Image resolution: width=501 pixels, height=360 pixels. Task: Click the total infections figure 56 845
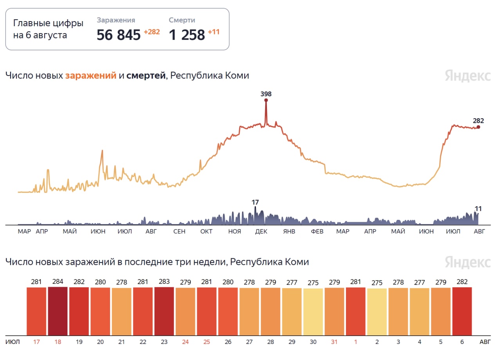click(118, 35)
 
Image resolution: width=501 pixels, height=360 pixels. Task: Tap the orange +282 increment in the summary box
click(151, 32)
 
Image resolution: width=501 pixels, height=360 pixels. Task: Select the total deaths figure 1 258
click(187, 35)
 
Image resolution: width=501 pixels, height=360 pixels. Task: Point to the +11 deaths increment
click(214, 32)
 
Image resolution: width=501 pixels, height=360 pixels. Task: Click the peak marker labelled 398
click(266, 100)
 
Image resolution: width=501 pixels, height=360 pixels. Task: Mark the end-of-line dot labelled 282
click(478, 127)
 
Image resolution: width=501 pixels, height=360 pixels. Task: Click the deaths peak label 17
click(255, 202)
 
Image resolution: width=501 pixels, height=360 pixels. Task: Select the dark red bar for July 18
click(58, 311)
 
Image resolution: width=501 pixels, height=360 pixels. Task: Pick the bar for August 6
click(462, 311)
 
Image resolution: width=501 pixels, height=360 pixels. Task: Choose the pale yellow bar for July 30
click(313, 311)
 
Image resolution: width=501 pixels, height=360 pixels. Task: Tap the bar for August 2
click(377, 311)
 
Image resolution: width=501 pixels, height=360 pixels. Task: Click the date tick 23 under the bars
click(164, 342)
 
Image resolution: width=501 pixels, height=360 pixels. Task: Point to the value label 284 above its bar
click(58, 282)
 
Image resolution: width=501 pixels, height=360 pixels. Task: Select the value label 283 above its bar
click(164, 282)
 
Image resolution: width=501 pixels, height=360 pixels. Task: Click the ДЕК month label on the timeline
click(261, 231)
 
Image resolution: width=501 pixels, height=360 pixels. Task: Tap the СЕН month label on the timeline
click(179, 231)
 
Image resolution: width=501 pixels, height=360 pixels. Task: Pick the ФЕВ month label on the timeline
click(317, 231)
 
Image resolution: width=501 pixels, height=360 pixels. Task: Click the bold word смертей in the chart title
click(146, 76)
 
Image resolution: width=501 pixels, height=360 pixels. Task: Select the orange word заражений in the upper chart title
click(91, 76)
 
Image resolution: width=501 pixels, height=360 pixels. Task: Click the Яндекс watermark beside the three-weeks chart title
click(467, 262)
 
